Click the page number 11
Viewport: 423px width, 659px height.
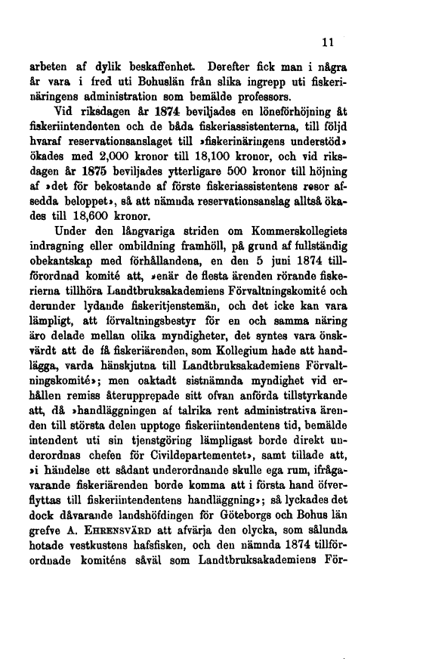click(327, 42)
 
